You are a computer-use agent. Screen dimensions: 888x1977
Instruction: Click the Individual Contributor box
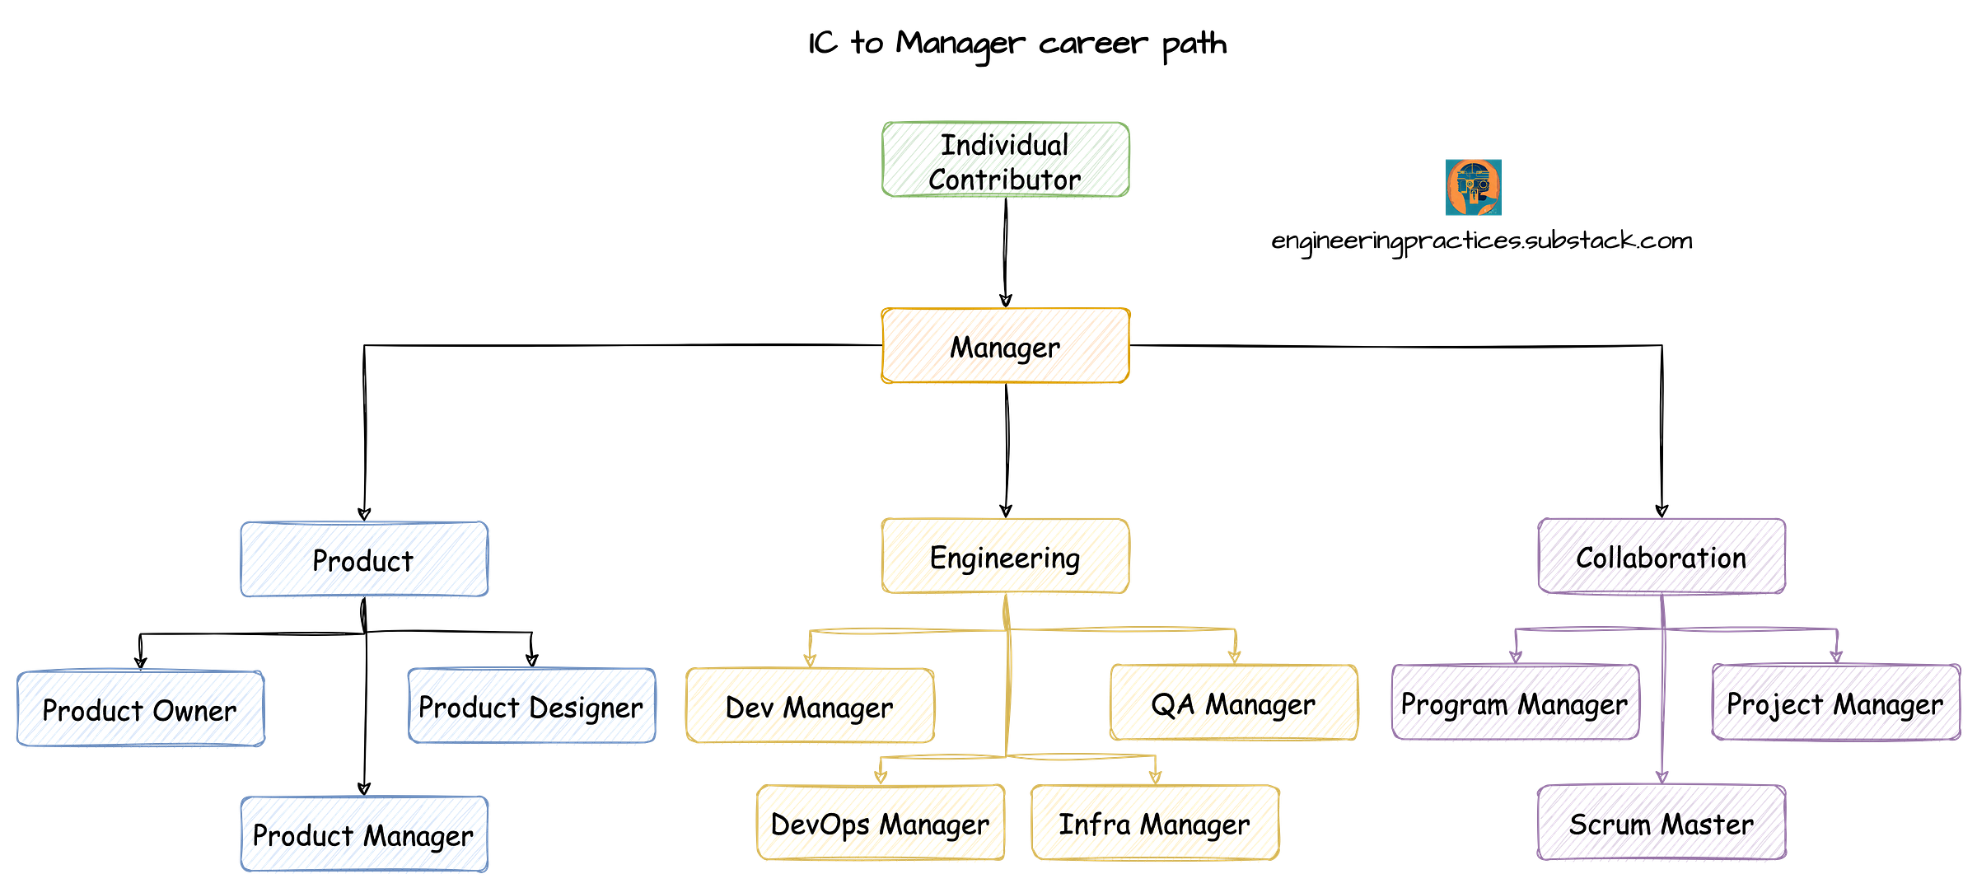pyautogui.click(x=1005, y=161)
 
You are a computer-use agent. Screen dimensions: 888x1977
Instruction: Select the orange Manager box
pyautogui.click(x=1005, y=346)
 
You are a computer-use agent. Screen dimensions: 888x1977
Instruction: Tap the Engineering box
pyautogui.click(x=1005, y=557)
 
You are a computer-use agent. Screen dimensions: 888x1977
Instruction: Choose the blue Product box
pyautogui.click(x=364, y=559)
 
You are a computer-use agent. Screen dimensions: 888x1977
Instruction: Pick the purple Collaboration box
pyautogui.click(x=1661, y=557)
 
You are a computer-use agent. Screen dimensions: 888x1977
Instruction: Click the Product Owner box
pyautogui.click(x=140, y=708)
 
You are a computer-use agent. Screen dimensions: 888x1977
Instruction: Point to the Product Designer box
pyautogui.click(x=531, y=706)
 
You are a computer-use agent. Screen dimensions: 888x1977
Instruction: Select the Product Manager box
pyautogui.click(x=364, y=834)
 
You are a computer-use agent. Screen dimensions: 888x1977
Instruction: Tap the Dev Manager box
pyautogui.click(x=810, y=706)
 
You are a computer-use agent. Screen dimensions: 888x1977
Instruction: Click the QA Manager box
pyautogui.click(x=1233, y=703)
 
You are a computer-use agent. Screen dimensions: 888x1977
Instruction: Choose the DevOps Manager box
pyautogui.click(x=880, y=822)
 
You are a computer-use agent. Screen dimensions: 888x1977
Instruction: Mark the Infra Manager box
pyautogui.click(x=1155, y=822)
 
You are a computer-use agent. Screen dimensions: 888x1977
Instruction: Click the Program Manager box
pyautogui.click(x=1515, y=703)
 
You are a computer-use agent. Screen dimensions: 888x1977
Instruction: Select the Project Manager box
pyautogui.click(x=1835, y=703)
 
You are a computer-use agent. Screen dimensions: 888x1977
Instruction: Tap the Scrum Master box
pyautogui.click(x=1661, y=822)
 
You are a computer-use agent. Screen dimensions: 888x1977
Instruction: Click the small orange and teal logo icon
pyautogui.click(x=1473, y=187)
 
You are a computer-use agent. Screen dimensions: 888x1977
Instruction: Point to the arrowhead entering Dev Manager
pyautogui.click(x=810, y=658)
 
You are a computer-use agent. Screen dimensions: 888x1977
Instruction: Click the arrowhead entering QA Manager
pyautogui.click(x=1234, y=655)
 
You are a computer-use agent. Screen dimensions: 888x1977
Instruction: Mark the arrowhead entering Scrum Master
pyautogui.click(x=1662, y=774)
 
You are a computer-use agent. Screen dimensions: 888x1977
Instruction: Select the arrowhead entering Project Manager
pyautogui.click(x=1836, y=654)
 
